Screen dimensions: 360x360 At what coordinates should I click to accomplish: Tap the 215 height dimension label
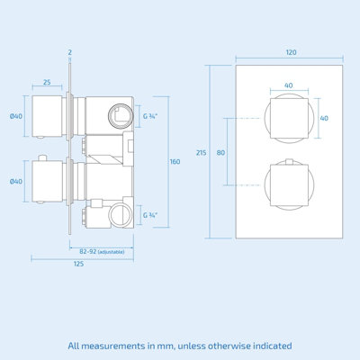click(x=201, y=152)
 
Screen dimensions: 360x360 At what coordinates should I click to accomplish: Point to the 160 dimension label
click(x=175, y=161)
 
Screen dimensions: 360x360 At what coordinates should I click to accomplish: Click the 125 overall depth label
click(x=78, y=265)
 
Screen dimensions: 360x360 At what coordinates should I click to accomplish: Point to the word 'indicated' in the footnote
click(x=269, y=346)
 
